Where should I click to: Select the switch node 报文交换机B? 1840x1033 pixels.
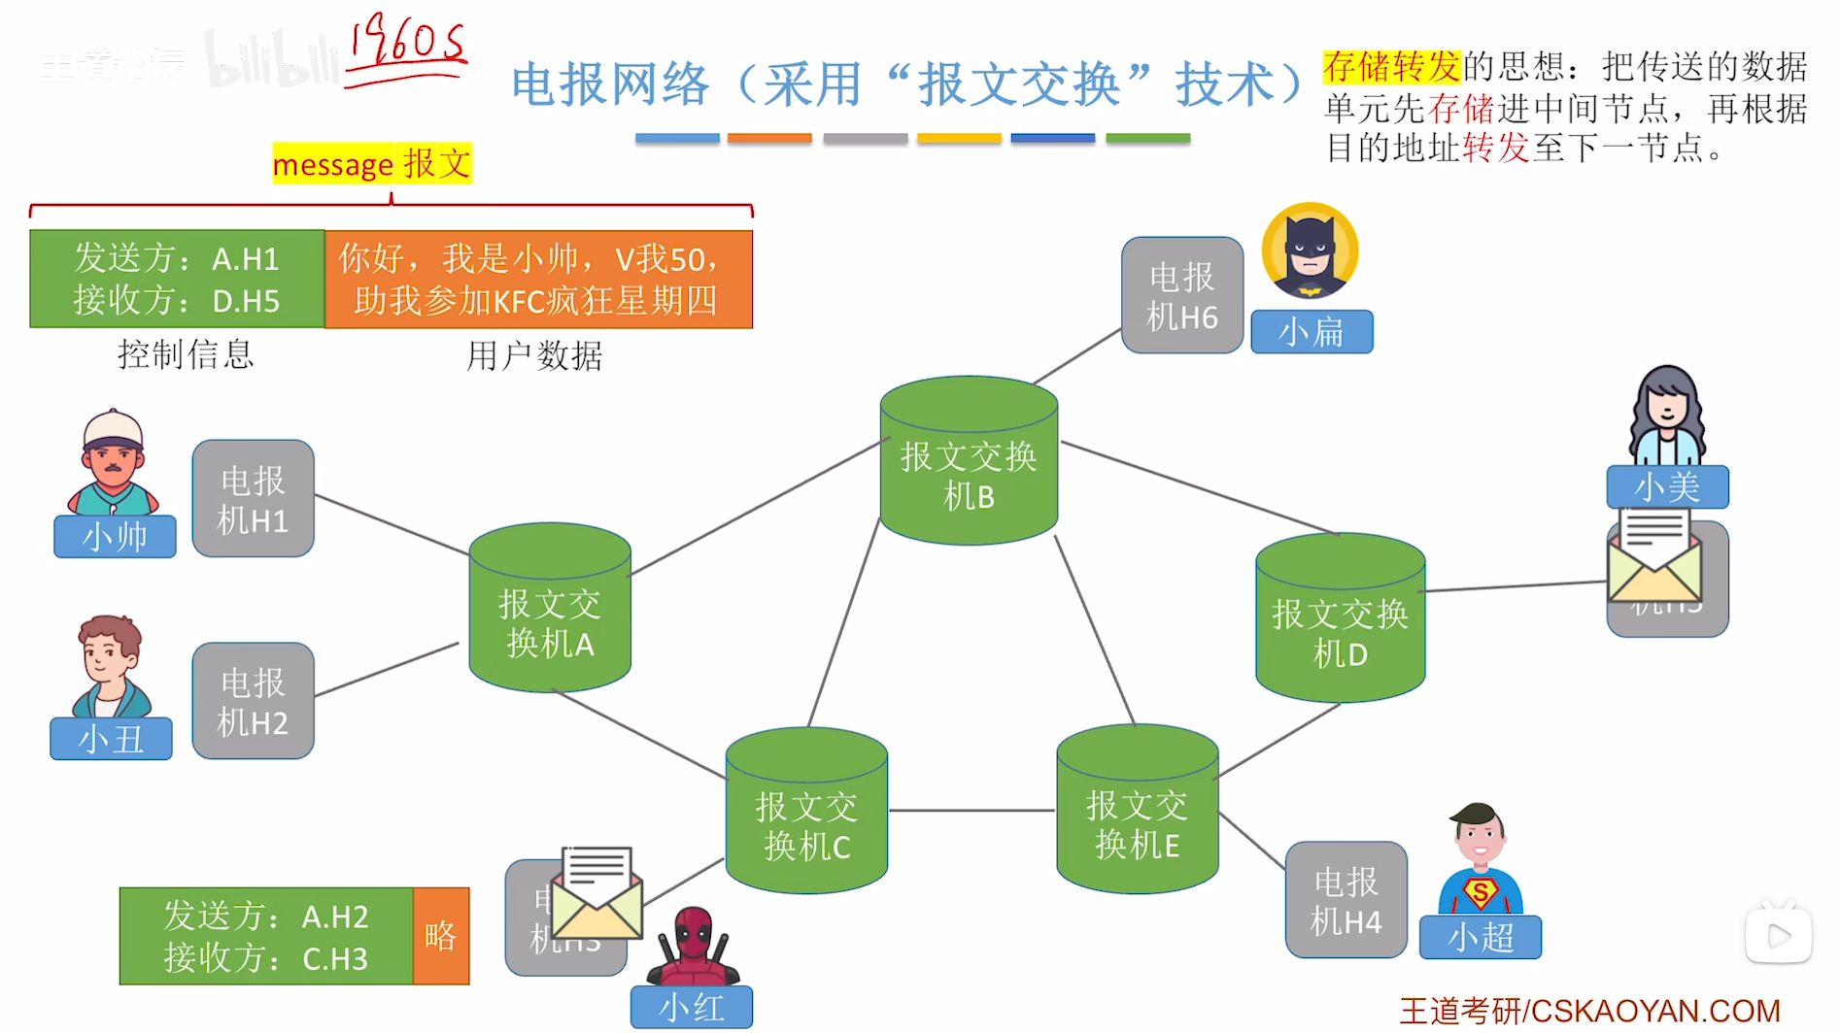tap(969, 462)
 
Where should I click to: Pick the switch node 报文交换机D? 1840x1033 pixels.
tap(1340, 621)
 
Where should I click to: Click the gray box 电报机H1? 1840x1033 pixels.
tap(253, 499)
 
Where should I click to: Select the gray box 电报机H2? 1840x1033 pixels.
tap(253, 701)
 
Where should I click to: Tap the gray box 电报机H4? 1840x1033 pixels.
tap(1346, 900)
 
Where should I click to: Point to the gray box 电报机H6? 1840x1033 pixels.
tap(1181, 295)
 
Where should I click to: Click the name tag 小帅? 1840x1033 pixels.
tap(115, 537)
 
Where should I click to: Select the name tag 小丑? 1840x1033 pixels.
tap(111, 739)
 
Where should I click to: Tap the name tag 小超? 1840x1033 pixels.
tap(1480, 938)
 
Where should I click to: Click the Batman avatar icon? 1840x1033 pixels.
tap(1310, 251)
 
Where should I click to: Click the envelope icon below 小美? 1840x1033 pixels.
tap(1654, 556)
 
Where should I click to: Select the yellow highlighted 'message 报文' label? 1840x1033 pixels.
tap(372, 163)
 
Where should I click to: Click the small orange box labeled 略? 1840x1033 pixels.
tap(440, 936)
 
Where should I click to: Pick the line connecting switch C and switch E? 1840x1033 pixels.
tap(971, 810)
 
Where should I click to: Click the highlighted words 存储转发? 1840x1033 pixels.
tap(1391, 66)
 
